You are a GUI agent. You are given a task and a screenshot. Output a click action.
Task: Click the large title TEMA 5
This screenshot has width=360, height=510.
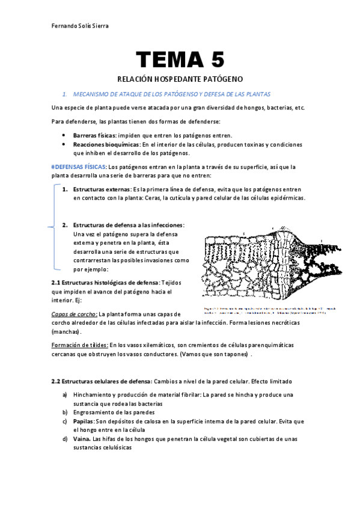click(x=180, y=60)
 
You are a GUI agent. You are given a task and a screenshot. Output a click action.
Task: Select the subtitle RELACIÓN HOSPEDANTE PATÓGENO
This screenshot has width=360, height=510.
click(x=180, y=79)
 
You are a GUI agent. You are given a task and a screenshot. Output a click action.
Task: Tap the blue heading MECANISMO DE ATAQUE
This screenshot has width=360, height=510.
click(x=171, y=94)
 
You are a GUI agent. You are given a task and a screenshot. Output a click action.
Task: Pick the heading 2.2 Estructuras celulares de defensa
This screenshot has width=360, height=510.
click(x=102, y=381)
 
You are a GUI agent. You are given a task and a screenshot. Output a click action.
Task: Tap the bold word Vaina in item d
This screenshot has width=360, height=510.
click(x=82, y=439)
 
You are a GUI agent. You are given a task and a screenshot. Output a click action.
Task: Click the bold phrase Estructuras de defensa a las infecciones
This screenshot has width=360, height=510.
click(x=128, y=225)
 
